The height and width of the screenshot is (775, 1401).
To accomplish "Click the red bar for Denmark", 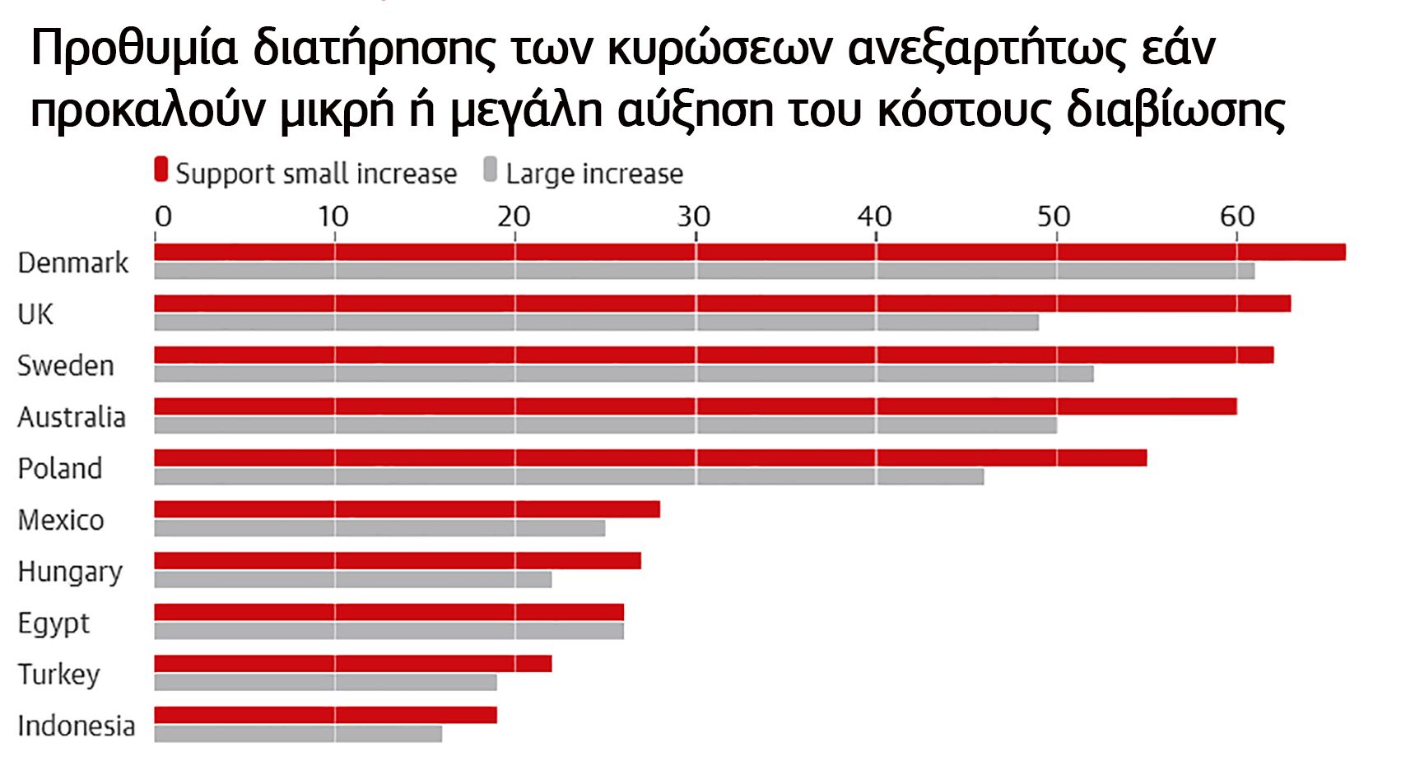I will click(749, 252).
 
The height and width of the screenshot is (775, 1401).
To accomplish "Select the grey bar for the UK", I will click(596, 323).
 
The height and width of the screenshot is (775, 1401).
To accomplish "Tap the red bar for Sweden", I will click(714, 355).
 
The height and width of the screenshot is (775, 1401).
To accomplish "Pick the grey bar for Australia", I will click(605, 425).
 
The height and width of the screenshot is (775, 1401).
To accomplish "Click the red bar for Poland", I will click(650, 457).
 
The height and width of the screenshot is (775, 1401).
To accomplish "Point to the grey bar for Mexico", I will click(379, 528).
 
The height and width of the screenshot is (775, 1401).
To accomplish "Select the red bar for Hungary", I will click(398, 560).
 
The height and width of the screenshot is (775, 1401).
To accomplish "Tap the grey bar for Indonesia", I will click(298, 734).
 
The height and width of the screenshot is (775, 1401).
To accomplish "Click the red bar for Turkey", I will click(353, 663).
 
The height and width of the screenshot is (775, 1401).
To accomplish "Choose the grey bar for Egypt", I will click(389, 631).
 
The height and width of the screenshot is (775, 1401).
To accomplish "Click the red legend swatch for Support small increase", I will click(161, 170).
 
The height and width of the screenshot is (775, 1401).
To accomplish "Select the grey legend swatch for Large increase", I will click(491, 170).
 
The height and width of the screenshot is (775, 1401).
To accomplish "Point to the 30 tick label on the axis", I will click(693, 216).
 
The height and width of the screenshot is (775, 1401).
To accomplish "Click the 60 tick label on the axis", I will click(1236, 216).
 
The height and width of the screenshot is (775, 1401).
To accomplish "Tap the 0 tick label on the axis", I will click(163, 216).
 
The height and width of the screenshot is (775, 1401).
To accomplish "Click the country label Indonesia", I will click(76, 726).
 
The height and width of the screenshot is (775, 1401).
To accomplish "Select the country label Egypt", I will click(54, 624).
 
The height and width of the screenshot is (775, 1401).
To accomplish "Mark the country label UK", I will click(35, 314).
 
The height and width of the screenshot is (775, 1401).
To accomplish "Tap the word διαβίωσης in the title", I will click(1175, 110).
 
